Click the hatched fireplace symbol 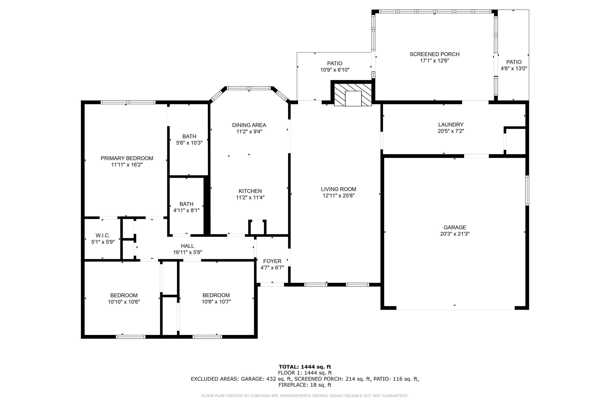coord(353,95)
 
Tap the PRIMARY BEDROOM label coord(127,158)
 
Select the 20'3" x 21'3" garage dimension coord(455,234)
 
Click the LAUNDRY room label coord(451,125)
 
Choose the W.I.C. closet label coord(103,235)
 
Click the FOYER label coord(272,261)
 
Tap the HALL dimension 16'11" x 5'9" coord(187,252)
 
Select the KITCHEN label coord(250,191)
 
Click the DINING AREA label coord(249,125)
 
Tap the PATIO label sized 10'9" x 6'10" coord(334,63)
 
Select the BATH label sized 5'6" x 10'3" coord(189,136)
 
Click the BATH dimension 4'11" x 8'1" coord(186,210)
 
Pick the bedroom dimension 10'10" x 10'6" coord(124,302)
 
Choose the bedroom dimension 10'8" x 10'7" coord(216,302)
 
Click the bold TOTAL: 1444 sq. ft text coord(305,367)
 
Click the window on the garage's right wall coord(527,190)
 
